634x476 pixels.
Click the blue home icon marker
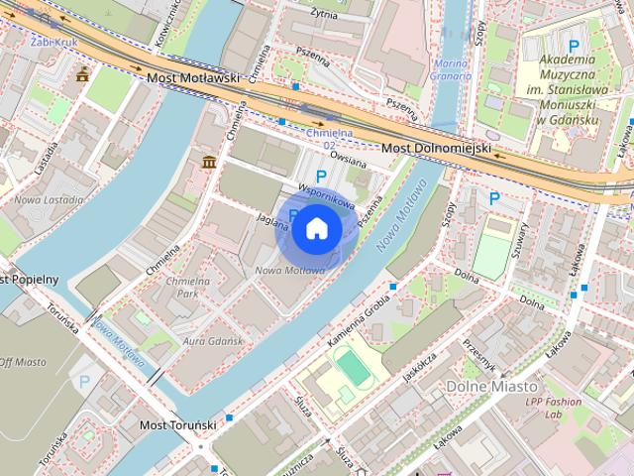click(316, 228)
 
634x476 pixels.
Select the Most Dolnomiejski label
click(437, 148)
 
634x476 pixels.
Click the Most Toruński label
click(177, 424)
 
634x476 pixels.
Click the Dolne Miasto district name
click(491, 386)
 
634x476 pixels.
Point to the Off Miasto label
click(20, 364)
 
